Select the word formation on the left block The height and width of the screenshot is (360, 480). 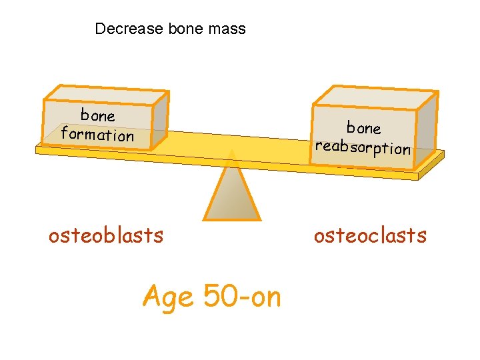pos(97,135)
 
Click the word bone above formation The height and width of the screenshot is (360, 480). pos(98,115)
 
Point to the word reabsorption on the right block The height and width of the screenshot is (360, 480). pos(363,147)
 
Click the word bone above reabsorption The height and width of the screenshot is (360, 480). pos(363,127)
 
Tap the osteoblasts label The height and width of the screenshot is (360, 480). pos(106,235)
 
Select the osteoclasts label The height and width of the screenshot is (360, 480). pos(370,235)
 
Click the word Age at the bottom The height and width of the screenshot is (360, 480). pos(169,296)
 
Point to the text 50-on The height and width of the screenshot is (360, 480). pos(242,296)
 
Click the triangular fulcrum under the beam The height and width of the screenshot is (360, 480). pos(231,193)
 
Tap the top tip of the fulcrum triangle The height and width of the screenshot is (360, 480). pos(231,151)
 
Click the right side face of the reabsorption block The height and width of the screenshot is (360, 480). pos(427,127)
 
